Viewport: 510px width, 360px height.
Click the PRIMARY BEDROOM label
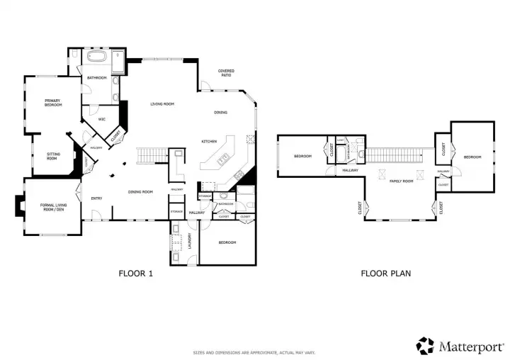(x=53, y=103)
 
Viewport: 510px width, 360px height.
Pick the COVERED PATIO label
(x=226, y=72)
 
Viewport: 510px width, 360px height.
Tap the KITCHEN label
(x=208, y=142)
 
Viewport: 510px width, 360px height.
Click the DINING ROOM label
(x=140, y=192)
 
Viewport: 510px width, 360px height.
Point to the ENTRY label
(x=97, y=198)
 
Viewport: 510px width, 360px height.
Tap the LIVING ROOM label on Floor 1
(x=162, y=104)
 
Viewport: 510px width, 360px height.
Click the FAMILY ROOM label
(x=401, y=181)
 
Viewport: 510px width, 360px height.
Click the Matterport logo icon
(x=425, y=346)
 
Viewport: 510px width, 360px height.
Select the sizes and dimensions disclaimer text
(x=254, y=353)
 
